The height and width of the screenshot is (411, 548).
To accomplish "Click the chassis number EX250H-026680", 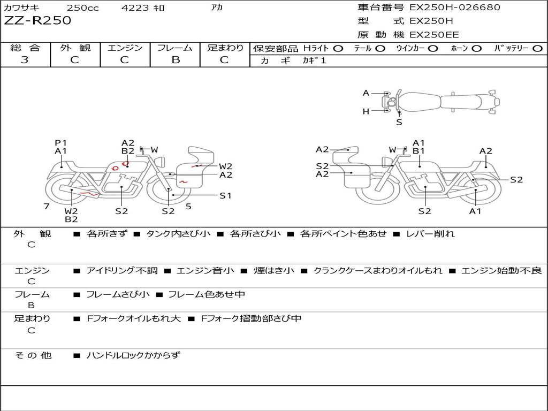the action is click(x=454, y=7).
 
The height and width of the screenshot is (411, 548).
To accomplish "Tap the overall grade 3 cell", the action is click(x=25, y=59).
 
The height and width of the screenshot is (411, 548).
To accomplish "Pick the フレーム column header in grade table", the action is click(x=175, y=48).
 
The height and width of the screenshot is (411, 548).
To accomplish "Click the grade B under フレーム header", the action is click(x=175, y=60).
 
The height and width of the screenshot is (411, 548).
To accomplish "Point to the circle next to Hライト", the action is click(x=338, y=48).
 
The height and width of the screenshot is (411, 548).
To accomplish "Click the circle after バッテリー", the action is click(x=537, y=48).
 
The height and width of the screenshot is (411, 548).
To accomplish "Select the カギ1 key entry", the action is click(x=314, y=60).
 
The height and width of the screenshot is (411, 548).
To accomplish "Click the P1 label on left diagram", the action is click(x=60, y=143).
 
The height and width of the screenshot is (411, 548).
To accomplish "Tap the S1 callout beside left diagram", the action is click(x=225, y=195).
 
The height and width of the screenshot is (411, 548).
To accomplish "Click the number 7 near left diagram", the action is click(x=47, y=207).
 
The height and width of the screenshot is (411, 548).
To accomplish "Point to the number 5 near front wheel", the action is click(x=188, y=206).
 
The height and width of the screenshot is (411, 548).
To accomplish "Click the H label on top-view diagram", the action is click(x=366, y=111).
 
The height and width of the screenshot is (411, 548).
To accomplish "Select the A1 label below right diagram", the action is click(x=475, y=211).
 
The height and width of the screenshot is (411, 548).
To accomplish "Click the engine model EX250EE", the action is click(x=434, y=35).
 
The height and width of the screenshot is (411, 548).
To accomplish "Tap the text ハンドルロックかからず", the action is click(x=133, y=355).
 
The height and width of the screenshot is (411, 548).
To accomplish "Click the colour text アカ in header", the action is click(x=216, y=7).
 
